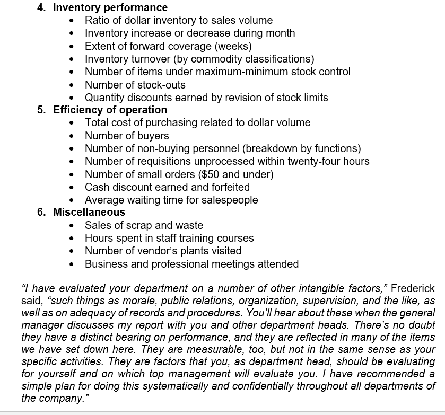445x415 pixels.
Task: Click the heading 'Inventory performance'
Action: click(110, 7)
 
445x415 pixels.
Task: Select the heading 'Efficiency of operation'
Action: click(110, 110)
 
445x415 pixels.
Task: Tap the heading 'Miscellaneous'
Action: click(89, 212)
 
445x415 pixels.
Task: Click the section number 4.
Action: click(41, 7)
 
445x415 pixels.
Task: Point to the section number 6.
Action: click(41, 212)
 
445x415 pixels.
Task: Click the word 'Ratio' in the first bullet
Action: click(98, 20)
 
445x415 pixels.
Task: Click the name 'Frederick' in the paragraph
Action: click(413, 288)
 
